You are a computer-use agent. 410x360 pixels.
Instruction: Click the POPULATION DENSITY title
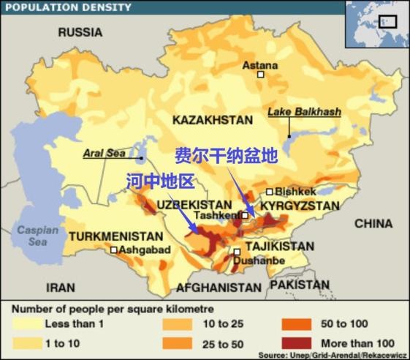68,7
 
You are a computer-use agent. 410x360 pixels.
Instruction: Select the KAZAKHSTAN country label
213,119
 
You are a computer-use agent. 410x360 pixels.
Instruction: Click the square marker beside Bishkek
269,192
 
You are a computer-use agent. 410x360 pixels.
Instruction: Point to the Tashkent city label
218,216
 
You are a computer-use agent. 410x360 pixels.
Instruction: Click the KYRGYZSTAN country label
300,207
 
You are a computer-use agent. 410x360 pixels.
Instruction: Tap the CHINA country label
373,223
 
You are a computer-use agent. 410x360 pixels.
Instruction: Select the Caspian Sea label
33,236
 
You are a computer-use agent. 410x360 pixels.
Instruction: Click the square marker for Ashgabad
113,250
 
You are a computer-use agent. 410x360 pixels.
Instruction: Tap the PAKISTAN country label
299,284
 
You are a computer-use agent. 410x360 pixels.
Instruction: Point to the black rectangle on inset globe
387,22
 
